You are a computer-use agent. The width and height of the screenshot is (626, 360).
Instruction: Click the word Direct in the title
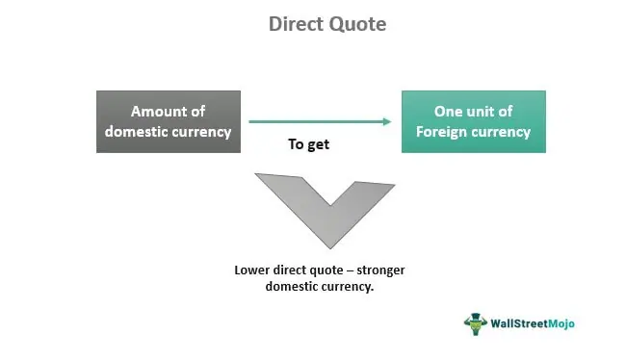click(296, 24)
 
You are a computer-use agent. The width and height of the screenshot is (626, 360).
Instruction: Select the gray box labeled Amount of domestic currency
click(169, 121)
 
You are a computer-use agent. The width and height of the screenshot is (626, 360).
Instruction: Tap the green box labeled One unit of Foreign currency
click(474, 121)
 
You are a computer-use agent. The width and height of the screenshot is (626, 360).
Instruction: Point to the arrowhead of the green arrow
click(387, 121)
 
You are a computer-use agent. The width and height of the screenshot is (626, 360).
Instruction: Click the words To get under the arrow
click(308, 144)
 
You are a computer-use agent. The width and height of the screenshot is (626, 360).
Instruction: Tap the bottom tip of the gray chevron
click(330, 249)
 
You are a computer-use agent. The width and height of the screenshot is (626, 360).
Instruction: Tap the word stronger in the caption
click(380, 270)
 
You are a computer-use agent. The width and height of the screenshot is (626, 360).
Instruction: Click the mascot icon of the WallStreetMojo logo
click(476, 323)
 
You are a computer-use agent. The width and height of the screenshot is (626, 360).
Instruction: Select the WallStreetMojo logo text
click(533, 323)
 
